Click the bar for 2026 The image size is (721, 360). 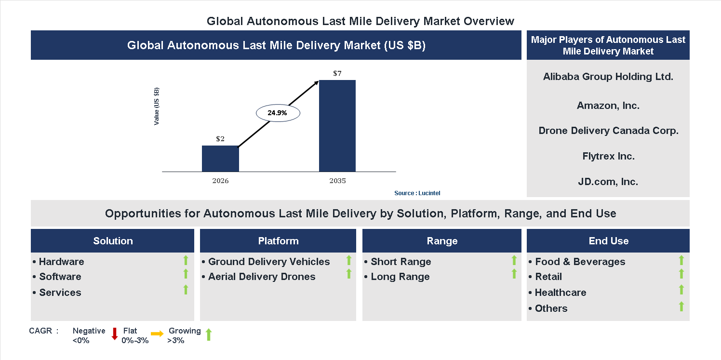point(220,159)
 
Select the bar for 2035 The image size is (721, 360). point(337,126)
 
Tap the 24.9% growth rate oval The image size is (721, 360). point(277,113)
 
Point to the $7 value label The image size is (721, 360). point(337,74)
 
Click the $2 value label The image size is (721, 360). point(220,139)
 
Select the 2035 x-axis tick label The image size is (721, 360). point(337,181)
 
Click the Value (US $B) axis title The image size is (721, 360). point(157,107)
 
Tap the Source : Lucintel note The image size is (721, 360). point(417,193)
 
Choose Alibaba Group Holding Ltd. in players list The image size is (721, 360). point(608,77)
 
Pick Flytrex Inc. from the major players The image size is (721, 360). point(608,156)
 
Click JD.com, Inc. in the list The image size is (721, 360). point(608,182)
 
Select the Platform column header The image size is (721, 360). point(278,241)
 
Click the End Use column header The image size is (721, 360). point(608,241)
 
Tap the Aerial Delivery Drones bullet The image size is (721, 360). point(262,277)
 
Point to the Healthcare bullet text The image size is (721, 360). point(554,293)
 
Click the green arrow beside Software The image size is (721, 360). point(186,274)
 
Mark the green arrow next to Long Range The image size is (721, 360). point(514,274)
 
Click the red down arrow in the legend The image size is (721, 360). point(115,333)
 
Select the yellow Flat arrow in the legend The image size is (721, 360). point(157,333)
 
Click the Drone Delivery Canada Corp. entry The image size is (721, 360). point(608,131)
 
